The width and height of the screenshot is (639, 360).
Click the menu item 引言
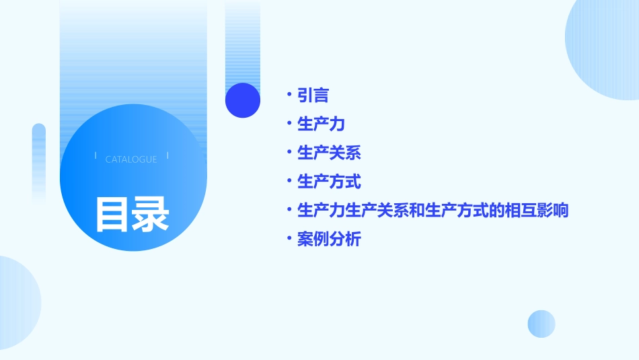click(x=313, y=96)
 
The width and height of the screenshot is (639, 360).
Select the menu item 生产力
click(x=321, y=124)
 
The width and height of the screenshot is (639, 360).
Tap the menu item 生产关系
click(x=329, y=153)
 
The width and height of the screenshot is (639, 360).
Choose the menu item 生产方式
click(x=329, y=182)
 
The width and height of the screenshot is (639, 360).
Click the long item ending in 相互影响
click(x=433, y=211)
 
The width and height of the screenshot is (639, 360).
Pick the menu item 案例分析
click(x=329, y=239)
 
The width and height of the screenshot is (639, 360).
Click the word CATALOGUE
click(x=131, y=159)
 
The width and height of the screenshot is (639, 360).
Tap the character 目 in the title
click(x=112, y=215)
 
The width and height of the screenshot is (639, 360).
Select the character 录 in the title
click(x=151, y=215)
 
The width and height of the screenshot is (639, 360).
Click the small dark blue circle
click(x=242, y=100)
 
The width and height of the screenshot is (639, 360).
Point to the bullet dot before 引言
click(x=289, y=95)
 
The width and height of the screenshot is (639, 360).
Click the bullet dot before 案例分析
click(x=289, y=238)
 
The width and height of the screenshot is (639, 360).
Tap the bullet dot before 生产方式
click(x=289, y=181)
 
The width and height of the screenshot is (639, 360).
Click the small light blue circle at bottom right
click(x=541, y=324)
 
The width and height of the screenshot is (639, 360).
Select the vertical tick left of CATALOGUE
click(x=96, y=156)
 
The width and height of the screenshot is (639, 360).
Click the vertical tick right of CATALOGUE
click(x=167, y=156)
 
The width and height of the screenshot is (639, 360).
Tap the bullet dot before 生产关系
click(x=289, y=152)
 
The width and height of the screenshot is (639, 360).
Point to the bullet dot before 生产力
click(x=289, y=124)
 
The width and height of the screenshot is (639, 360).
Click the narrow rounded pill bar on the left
click(x=39, y=161)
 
